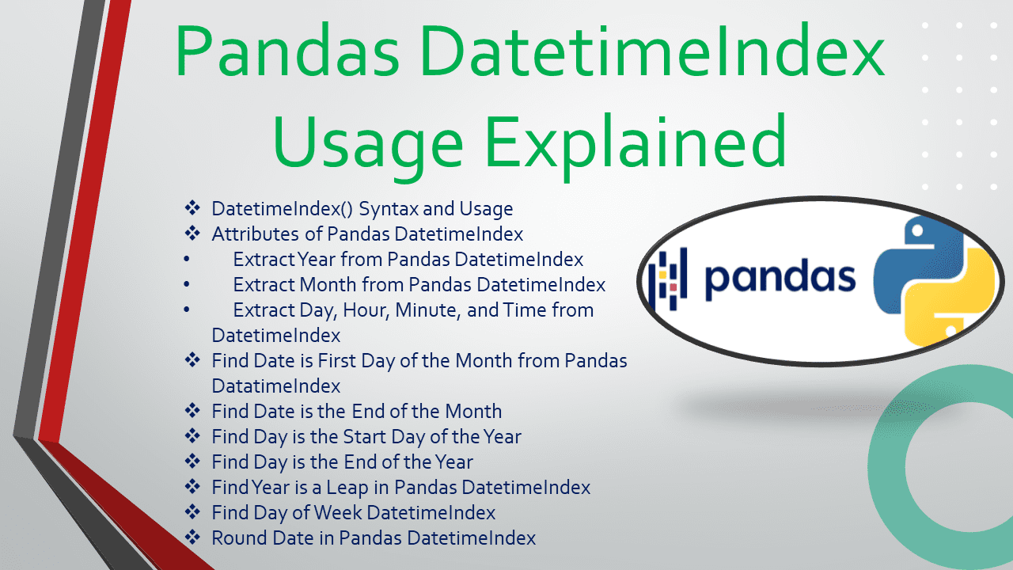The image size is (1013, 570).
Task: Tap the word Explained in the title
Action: coord(637,142)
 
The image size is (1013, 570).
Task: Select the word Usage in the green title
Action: coord(367,142)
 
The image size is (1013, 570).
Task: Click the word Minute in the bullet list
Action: coord(427,310)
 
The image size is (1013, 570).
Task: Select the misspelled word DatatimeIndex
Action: coord(275,386)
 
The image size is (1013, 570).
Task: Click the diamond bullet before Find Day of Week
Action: coord(192,512)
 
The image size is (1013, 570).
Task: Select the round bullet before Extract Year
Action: coord(186,260)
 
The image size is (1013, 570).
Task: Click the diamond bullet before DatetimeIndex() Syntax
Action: coord(192,208)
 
